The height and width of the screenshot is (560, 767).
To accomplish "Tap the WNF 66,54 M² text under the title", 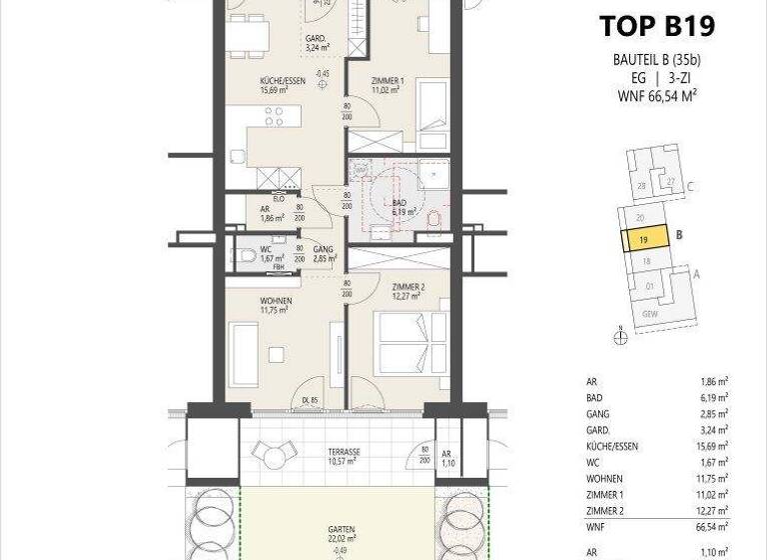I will tap(656, 96).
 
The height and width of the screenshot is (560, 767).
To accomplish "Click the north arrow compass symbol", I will tap(621, 337).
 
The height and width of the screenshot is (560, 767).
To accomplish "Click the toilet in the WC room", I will tap(246, 256).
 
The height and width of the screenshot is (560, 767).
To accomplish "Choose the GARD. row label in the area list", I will tap(598, 430).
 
